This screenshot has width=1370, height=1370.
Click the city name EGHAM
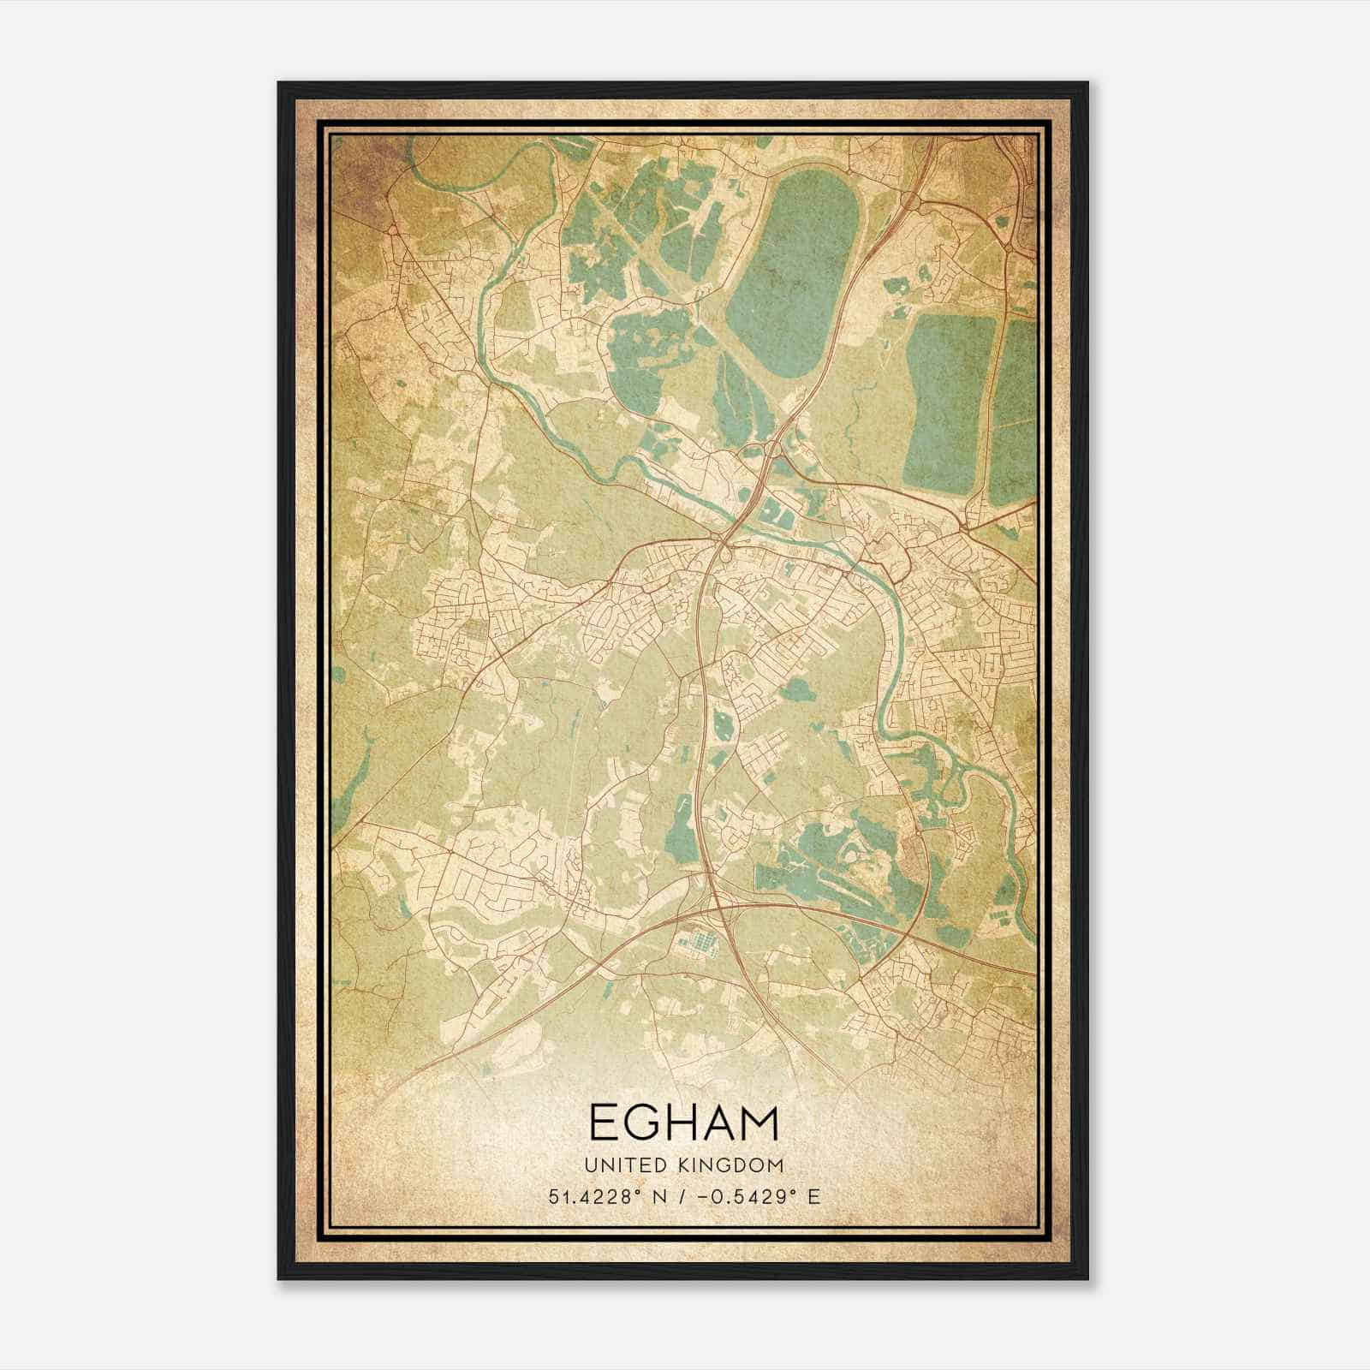click(x=684, y=1123)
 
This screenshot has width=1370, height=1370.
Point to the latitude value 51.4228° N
click(x=610, y=1196)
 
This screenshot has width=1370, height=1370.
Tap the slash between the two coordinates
click(x=680, y=1196)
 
